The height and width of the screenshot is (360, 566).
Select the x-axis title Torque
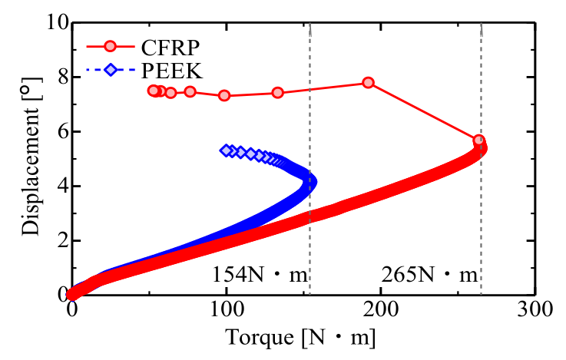pyautogui.click(x=300, y=337)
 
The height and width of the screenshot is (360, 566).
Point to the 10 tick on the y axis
pyautogui.click(x=52, y=23)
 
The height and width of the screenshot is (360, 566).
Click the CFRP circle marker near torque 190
pyautogui.click(x=368, y=82)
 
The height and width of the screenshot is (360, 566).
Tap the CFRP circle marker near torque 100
pyautogui.click(x=224, y=95)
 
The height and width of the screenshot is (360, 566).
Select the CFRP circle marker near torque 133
pyautogui.click(x=277, y=93)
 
